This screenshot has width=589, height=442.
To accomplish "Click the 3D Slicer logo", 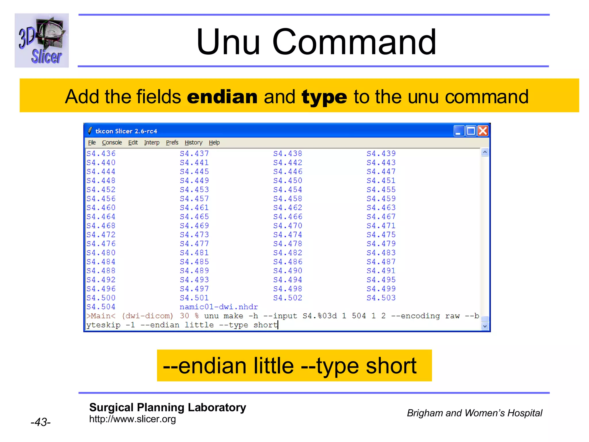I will tap(42, 41).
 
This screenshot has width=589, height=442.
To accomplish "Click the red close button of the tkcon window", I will tap(483, 131).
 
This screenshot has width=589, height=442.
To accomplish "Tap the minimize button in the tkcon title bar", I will tap(459, 131).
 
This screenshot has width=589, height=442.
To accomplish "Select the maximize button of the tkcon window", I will tap(471, 131).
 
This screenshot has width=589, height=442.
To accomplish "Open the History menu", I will tap(193, 142).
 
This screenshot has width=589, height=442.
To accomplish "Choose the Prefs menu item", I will tap(172, 142).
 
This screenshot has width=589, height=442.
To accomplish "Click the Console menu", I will tap(112, 142).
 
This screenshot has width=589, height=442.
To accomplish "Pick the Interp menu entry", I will tap(152, 142).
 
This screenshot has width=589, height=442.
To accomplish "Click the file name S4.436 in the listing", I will tap(101, 154).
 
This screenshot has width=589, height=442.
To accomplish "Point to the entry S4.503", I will tap(381, 298).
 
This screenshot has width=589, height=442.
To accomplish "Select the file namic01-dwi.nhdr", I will tap(219, 307).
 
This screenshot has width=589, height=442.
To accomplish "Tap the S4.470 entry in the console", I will tap(288, 226).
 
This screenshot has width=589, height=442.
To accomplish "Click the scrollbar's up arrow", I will tap(485, 152).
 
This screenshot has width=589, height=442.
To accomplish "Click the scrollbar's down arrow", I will tap(485, 326).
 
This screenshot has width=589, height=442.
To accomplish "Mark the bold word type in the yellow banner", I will tap(324, 97).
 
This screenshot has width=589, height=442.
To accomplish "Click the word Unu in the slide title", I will tap(228, 42).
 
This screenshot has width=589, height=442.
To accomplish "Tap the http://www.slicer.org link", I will tap(132, 419).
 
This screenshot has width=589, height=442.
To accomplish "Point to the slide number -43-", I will tap(41, 422).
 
